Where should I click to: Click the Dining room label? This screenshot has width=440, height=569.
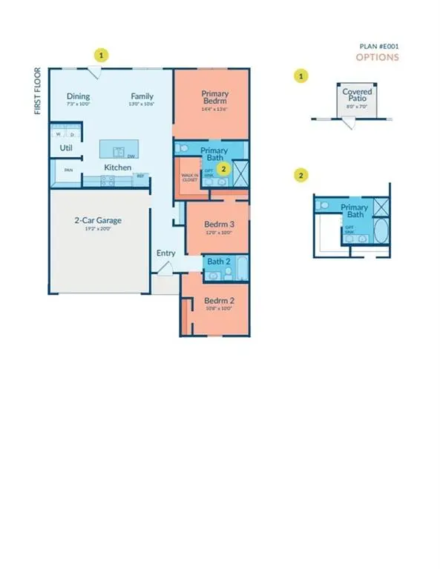pos(78,96)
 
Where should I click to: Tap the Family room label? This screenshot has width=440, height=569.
pos(142,96)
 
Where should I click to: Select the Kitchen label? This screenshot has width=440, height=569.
pos(117,168)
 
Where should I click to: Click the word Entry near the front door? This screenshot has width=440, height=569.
pos(165,253)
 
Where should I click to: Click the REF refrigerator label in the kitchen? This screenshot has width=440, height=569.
pos(139,176)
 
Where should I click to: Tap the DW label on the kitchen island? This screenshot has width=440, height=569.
pos(131,156)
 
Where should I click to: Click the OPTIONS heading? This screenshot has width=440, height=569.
pos(377,57)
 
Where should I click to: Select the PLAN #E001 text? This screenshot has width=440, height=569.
pos(378,46)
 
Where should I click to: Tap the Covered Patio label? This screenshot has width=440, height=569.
pos(357,96)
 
